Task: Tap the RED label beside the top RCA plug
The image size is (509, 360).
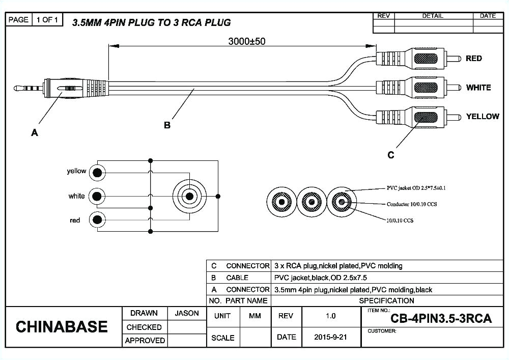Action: pyautogui.click(x=473, y=59)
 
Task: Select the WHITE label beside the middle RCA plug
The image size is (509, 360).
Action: pyautogui.click(x=478, y=88)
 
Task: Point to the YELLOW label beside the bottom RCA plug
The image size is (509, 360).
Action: pyautogui.click(x=482, y=117)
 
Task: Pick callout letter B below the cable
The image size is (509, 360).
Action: pyautogui.click(x=167, y=125)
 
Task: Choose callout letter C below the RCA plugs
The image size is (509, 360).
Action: pyautogui.click(x=391, y=155)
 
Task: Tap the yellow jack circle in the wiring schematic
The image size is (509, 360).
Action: pyautogui.click(x=97, y=173)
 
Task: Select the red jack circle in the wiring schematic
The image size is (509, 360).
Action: pyautogui.click(x=97, y=220)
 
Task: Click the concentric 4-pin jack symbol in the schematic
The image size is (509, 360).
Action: pyautogui.click(x=189, y=196)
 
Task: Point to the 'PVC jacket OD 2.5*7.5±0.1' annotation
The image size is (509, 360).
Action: pyautogui.click(x=416, y=188)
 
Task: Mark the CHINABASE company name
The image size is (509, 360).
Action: pyautogui.click(x=62, y=327)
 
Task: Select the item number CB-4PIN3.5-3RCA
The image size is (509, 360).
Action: pyautogui.click(x=441, y=319)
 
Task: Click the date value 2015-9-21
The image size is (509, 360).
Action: pyautogui.click(x=330, y=338)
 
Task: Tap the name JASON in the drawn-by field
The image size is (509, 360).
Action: pyautogui.click(x=187, y=314)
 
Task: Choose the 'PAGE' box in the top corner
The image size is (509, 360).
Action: pyautogui.click(x=18, y=20)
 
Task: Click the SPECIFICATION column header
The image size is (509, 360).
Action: pyautogui.click(x=386, y=301)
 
